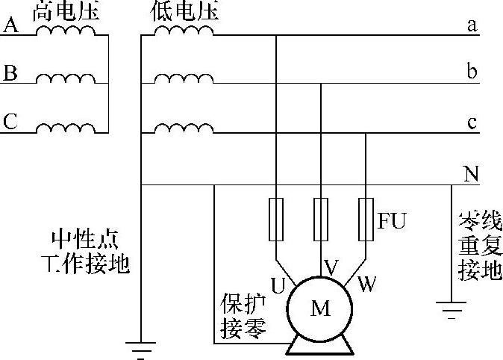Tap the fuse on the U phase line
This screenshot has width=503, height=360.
pyautogui.click(x=276, y=219)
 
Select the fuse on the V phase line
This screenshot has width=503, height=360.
pyautogui.click(x=321, y=219)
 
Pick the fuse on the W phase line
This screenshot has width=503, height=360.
pyautogui.click(x=366, y=219)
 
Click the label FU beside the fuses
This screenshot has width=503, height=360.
pyautogui.click(x=392, y=222)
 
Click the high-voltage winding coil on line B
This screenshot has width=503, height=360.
pyautogui.click(x=66, y=78)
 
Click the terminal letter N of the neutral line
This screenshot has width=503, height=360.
pyautogui.click(x=470, y=175)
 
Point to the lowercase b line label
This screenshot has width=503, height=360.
pyautogui.click(x=472, y=72)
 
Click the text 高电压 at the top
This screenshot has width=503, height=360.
pyautogui.click(x=66, y=10)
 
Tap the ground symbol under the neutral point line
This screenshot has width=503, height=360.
pyautogui.click(x=140, y=347)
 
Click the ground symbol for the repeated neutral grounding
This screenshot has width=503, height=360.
pyautogui.click(x=451, y=308)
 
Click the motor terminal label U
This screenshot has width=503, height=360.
pyautogui.click(x=278, y=285)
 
